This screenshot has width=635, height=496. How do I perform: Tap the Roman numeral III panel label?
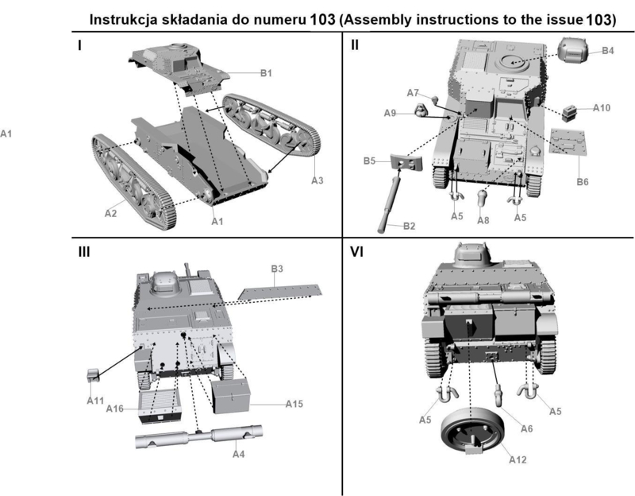click(83, 253)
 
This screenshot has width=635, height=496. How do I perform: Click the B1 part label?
click(266, 74)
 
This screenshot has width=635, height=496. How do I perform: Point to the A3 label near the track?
click(317, 180)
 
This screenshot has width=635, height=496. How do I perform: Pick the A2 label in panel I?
click(112, 213)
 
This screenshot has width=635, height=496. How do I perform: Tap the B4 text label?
click(607, 51)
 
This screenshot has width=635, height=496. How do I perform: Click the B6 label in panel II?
click(583, 182)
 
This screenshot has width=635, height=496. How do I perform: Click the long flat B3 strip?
click(283, 290)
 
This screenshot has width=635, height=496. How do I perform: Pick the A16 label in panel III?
click(115, 408)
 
